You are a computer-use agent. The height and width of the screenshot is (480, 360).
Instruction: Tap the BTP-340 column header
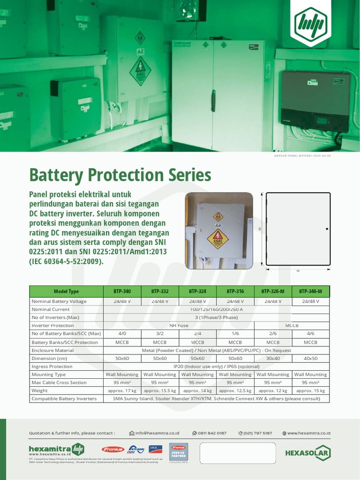(122, 291)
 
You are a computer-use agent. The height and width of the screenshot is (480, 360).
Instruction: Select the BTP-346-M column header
(310, 291)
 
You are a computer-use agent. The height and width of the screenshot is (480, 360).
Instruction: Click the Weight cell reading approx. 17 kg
(122, 390)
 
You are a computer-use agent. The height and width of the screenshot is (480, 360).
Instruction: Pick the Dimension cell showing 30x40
(273, 358)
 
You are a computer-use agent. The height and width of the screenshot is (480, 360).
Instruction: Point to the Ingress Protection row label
(52, 367)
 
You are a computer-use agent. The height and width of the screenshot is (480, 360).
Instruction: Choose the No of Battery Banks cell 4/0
(122, 334)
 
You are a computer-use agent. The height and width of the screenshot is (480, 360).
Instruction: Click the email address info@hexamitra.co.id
(157, 433)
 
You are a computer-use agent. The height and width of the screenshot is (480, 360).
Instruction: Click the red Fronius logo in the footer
(113, 449)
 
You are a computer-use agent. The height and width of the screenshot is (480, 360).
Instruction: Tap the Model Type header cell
(66, 291)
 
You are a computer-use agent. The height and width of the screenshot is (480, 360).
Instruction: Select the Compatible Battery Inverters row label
(64, 398)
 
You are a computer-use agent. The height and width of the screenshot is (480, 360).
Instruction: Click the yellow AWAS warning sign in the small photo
(217, 239)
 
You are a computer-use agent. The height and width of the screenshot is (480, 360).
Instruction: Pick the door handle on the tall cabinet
(213, 101)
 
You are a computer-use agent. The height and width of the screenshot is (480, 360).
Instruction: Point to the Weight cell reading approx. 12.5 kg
(235, 390)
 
